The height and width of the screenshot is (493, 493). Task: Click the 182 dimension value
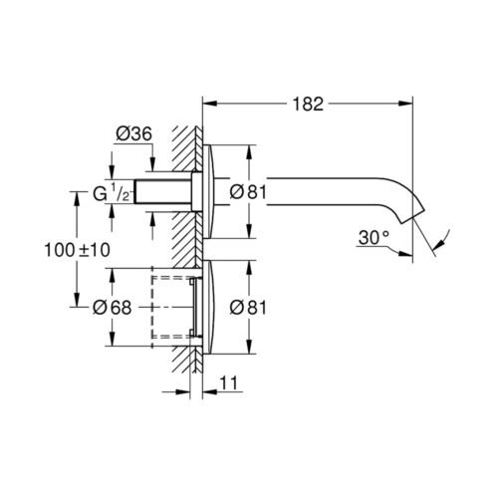(308, 104)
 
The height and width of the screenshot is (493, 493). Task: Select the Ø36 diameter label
(133, 133)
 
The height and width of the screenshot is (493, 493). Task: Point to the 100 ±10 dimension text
(77, 250)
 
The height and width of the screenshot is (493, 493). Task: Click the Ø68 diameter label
(113, 308)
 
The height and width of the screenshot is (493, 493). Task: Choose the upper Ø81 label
(248, 192)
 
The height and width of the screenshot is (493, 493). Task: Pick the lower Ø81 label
(248, 308)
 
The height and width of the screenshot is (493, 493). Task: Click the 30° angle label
(373, 238)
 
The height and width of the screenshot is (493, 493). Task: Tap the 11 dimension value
(229, 382)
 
